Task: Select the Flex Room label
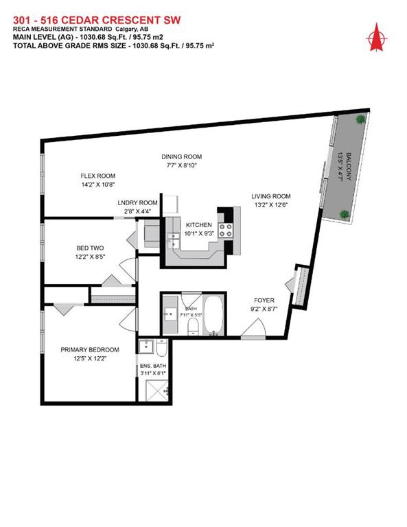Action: click(x=96, y=176)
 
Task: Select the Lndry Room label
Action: click(x=137, y=203)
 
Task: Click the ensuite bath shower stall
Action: click(x=155, y=390)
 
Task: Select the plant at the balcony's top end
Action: click(x=359, y=119)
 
